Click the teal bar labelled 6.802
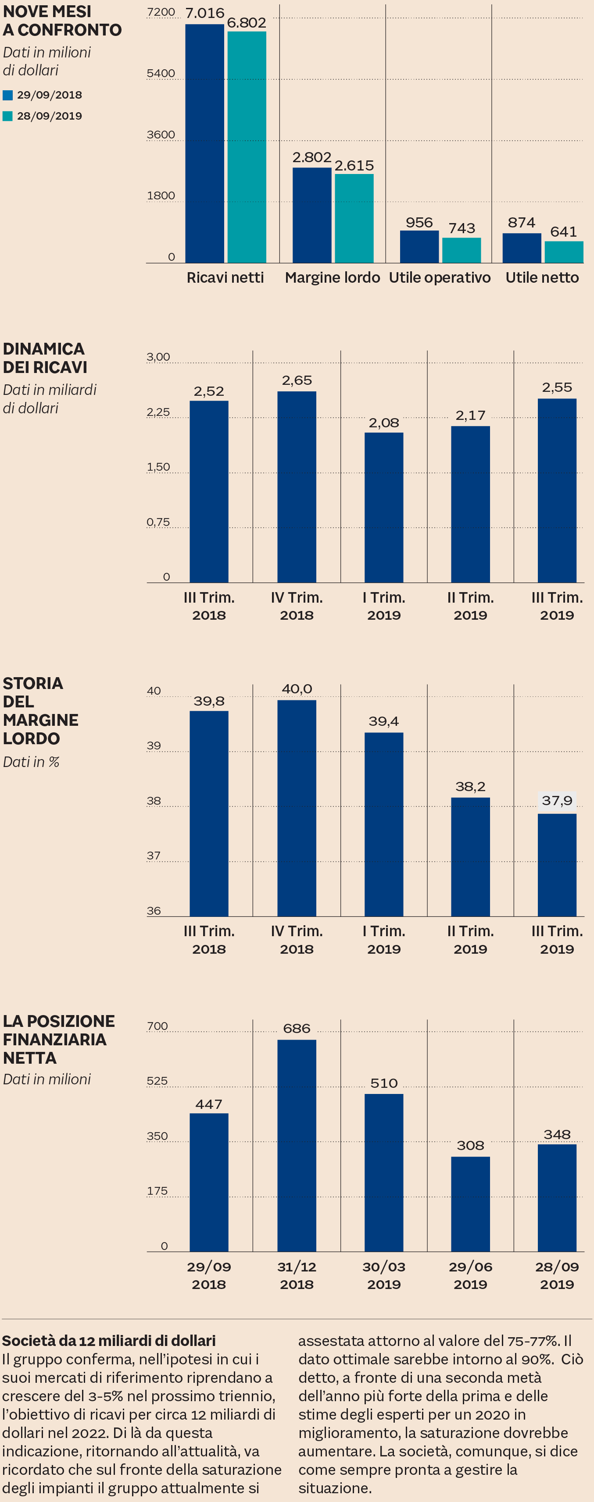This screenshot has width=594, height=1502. click(x=247, y=147)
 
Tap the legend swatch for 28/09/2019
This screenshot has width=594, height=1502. click(x=7, y=116)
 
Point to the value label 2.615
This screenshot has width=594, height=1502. click(x=354, y=166)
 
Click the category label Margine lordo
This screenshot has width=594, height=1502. click(x=332, y=277)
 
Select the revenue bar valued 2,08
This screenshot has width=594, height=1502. click(x=384, y=507)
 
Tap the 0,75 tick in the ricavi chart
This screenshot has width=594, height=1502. click(x=157, y=522)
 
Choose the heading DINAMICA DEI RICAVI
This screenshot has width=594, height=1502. click(x=45, y=358)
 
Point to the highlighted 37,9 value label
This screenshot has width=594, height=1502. click(x=557, y=801)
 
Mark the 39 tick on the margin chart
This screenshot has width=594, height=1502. click(x=154, y=746)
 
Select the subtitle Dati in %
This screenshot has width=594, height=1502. click(x=31, y=762)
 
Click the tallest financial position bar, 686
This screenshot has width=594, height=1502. click(x=297, y=1145)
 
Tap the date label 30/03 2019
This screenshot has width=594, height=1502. click(x=384, y=1275)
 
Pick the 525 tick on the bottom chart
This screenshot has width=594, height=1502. click(x=157, y=1081)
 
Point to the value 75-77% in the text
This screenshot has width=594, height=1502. click(x=530, y=1340)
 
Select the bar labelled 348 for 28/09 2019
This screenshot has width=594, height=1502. click(x=557, y=1198)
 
